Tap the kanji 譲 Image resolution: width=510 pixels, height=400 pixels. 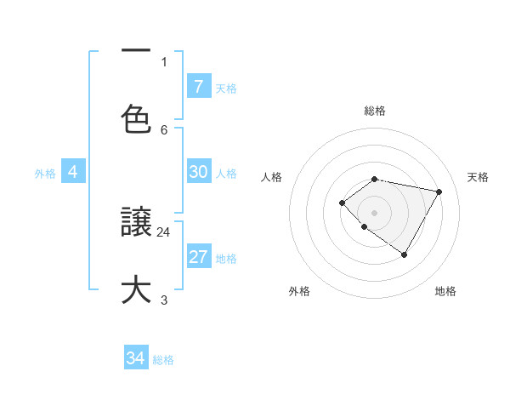click(x=136, y=223)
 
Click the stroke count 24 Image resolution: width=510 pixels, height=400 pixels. click(x=164, y=231)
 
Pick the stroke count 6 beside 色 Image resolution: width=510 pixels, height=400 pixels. click(x=164, y=129)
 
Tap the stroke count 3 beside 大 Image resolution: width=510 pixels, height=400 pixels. click(x=164, y=300)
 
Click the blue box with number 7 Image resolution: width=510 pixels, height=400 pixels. click(x=198, y=86)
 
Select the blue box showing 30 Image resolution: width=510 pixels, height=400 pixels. click(x=198, y=172)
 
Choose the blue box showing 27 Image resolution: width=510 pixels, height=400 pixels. click(x=198, y=257)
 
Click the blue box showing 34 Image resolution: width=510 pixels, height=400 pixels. click(x=136, y=358)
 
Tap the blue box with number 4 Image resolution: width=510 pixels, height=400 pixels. click(x=73, y=172)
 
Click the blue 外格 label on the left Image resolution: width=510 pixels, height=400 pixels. click(x=45, y=173)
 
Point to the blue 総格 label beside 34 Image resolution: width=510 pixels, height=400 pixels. click(x=163, y=360)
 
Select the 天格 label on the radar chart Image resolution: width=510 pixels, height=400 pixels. click(x=478, y=177)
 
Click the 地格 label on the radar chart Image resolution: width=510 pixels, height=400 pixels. click(x=445, y=291)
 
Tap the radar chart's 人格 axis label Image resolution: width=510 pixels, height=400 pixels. click(x=272, y=177)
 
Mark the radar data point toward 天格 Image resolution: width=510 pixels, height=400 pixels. click(x=439, y=191)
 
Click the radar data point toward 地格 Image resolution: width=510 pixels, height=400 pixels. click(x=405, y=254)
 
